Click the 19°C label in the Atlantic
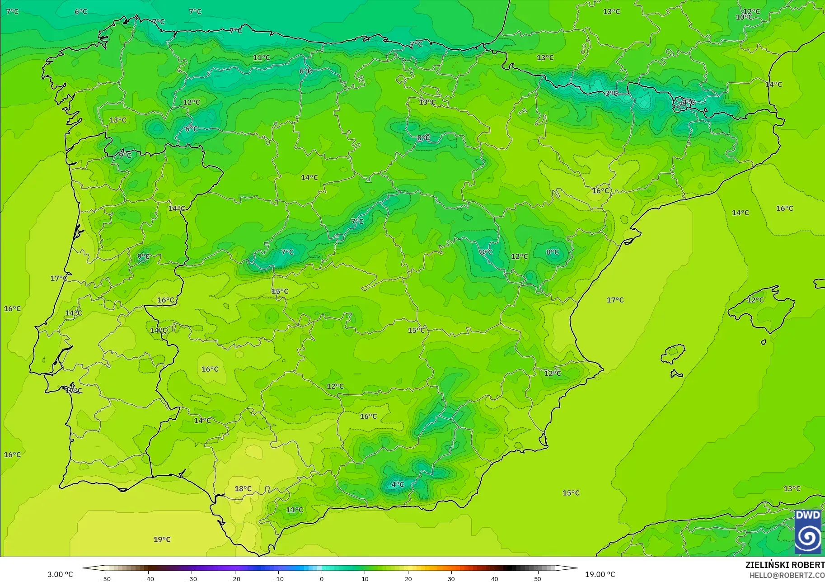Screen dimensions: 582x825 (162, 539)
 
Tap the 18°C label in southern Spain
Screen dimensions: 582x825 (243, 488)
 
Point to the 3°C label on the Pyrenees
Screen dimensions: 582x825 (611, 93)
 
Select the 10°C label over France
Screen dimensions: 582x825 (744, 17)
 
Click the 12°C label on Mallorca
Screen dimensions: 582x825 (755, 300)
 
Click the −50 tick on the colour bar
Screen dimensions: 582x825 (105, 578)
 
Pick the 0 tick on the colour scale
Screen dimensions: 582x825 (321, 578)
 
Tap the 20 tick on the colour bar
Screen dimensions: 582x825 (408, 578)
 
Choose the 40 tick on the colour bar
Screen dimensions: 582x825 (494, 578)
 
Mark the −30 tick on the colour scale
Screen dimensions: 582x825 (192, 578)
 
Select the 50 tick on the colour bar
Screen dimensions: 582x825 (537, 578)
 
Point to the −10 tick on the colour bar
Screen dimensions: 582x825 (278, 578)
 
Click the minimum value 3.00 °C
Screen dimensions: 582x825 (60, 574)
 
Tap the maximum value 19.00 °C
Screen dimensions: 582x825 (600, 574)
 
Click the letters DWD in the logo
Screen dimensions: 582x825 (808, 515)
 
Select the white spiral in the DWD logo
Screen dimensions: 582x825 (808, 538)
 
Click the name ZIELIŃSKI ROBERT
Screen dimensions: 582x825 (785, 565)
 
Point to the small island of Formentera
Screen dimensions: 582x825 (676, 374)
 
